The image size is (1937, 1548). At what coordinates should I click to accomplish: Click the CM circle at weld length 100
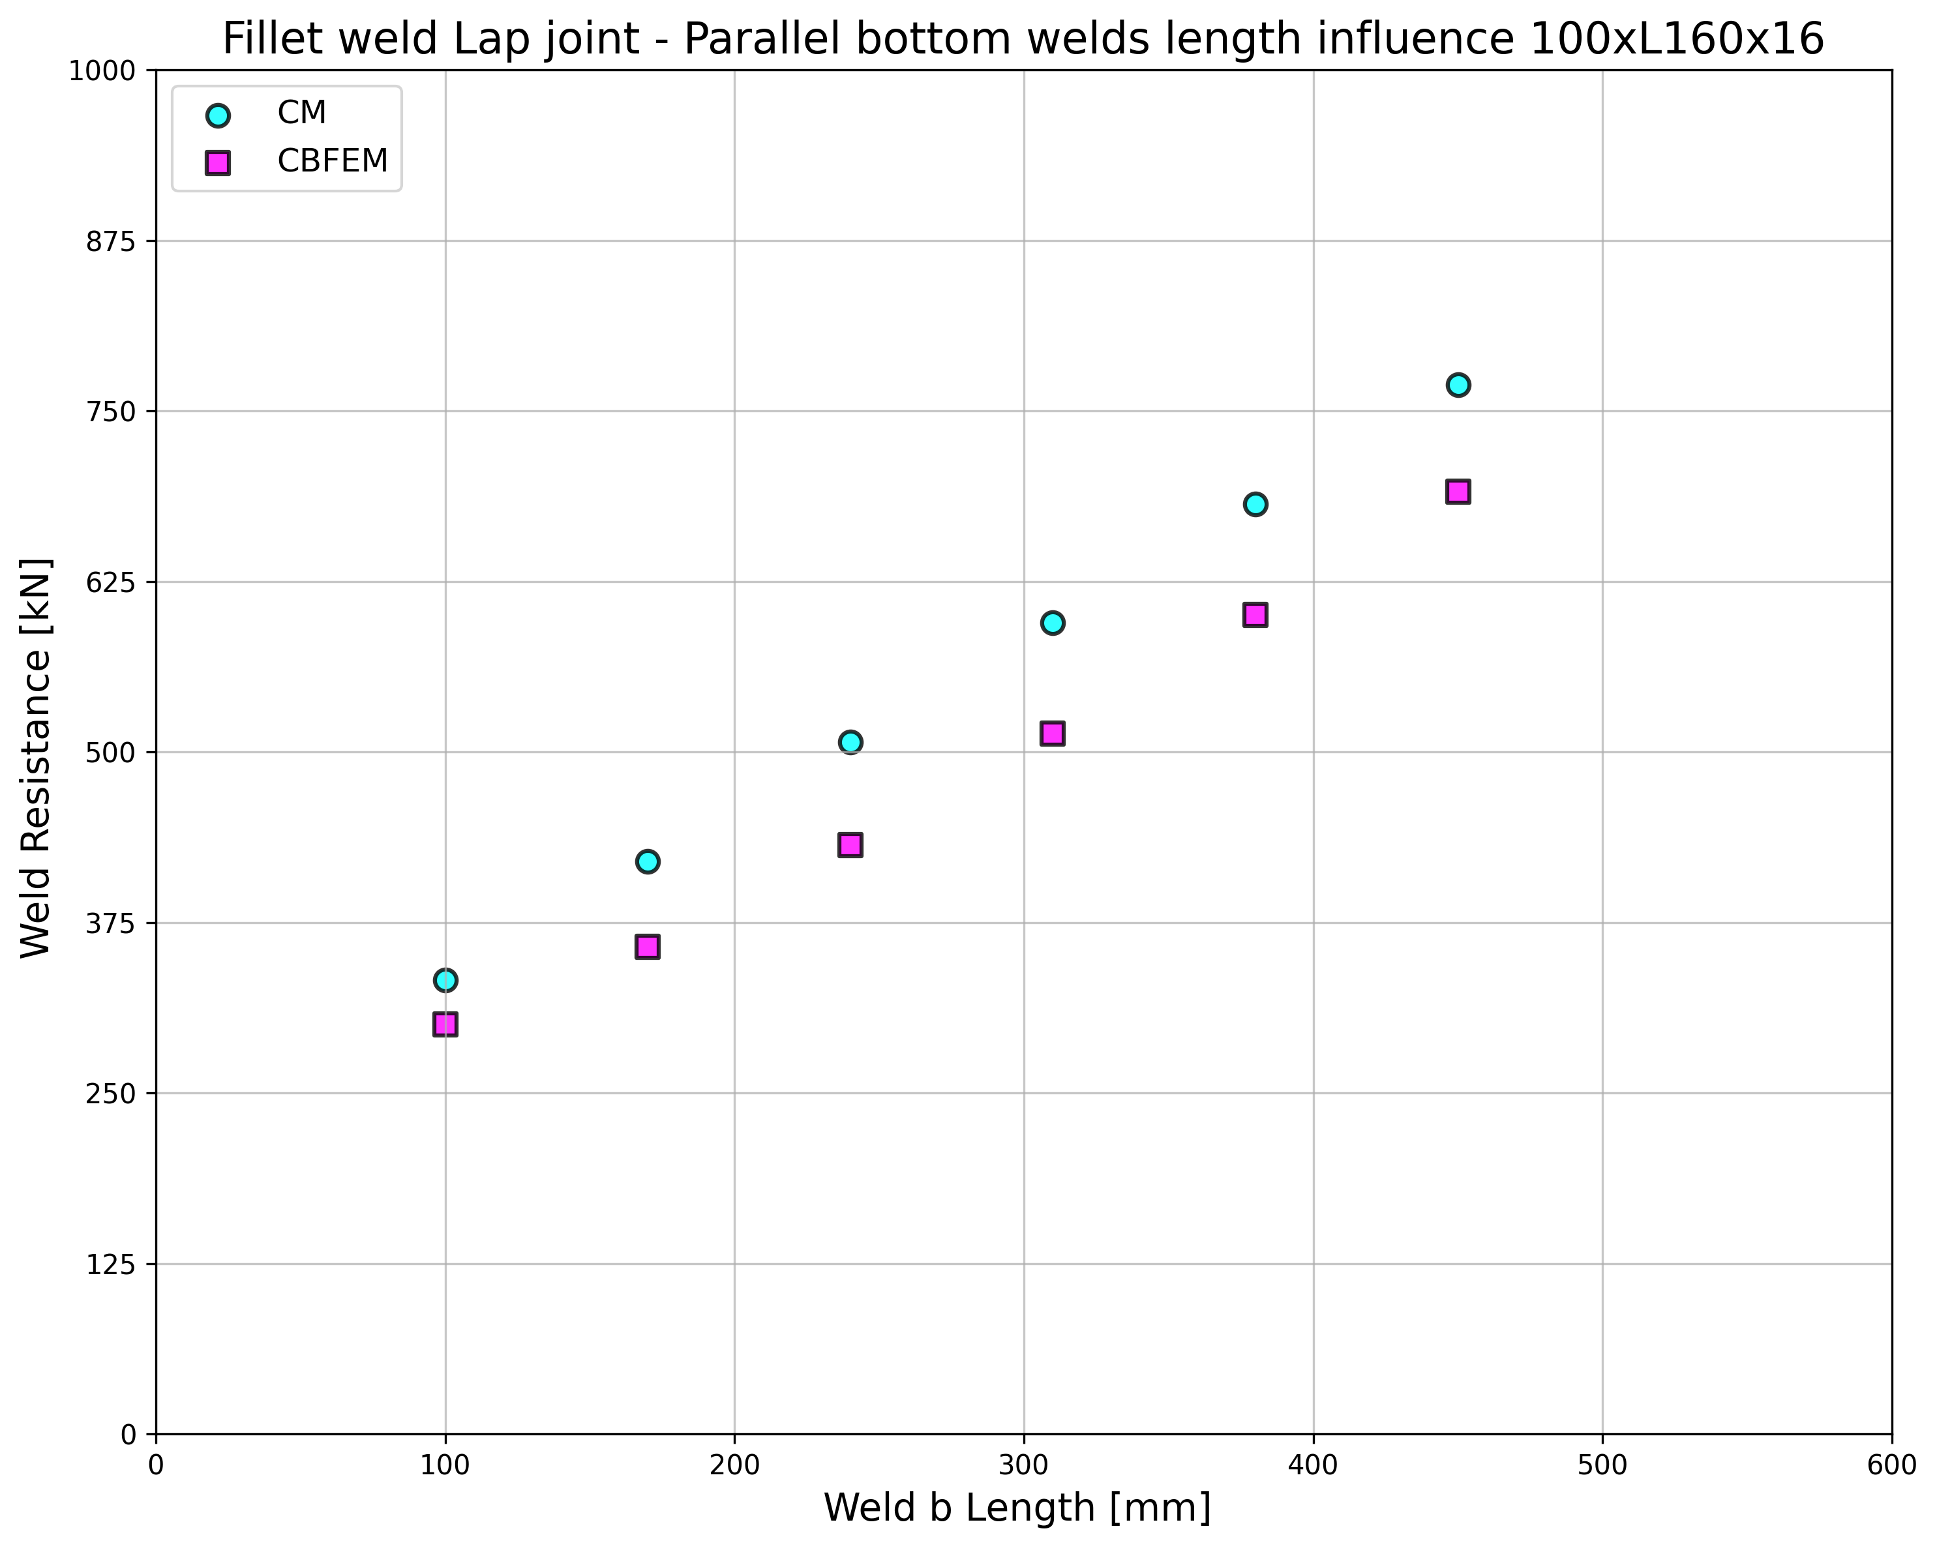coord(445,979)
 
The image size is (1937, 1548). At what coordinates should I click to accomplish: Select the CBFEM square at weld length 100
coord(445,1024)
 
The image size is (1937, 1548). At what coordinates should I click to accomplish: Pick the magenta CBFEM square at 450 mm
coord(1457,492)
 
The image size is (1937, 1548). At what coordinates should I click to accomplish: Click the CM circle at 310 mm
coord(1052,623)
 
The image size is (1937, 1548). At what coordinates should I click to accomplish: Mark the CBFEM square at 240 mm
coord(850,844)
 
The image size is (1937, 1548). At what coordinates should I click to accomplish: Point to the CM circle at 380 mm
coord(1255,504)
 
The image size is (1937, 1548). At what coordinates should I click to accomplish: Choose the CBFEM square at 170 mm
coord(647,946)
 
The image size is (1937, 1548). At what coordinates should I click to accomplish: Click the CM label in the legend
coord(301,113)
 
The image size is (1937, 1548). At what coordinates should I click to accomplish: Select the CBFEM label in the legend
coord(333,162)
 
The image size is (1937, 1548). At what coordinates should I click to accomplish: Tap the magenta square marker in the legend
coord(217,162)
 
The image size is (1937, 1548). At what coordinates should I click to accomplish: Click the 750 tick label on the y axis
coord(110,411)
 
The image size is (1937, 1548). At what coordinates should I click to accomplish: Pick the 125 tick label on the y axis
coord(110,1264)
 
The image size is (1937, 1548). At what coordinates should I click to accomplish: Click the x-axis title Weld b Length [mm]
coord(1017,1508)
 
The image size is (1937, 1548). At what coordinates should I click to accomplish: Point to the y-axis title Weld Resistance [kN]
coord(36,758)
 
